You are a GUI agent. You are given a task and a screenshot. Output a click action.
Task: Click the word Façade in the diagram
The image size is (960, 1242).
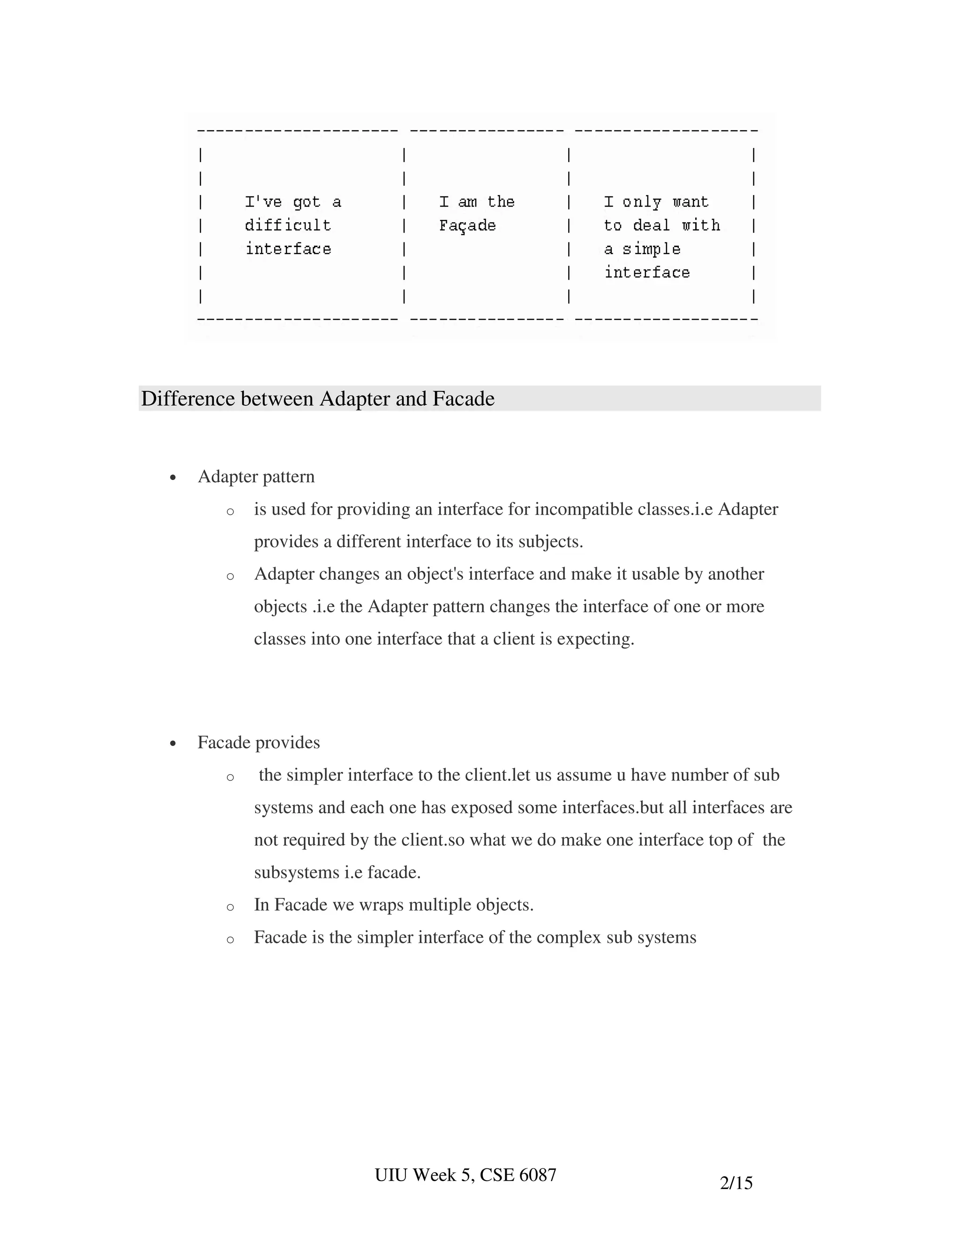tap(467, 226)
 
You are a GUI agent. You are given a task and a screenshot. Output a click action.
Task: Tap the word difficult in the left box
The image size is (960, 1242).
tap(288, 226)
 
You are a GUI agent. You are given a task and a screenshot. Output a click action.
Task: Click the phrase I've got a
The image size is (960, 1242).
tap(293, 202)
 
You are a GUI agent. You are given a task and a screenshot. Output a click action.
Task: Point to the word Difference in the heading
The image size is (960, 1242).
tap(187, 399)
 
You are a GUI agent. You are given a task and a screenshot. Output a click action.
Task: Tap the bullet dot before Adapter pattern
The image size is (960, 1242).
tap(173, 478)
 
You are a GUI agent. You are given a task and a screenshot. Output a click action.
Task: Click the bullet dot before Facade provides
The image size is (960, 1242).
tap(173, 744)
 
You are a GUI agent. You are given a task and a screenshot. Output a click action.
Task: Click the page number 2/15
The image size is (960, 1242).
tap(736, 1183)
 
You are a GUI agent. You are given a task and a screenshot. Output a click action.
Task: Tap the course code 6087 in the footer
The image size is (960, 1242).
tap(538, 1175)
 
